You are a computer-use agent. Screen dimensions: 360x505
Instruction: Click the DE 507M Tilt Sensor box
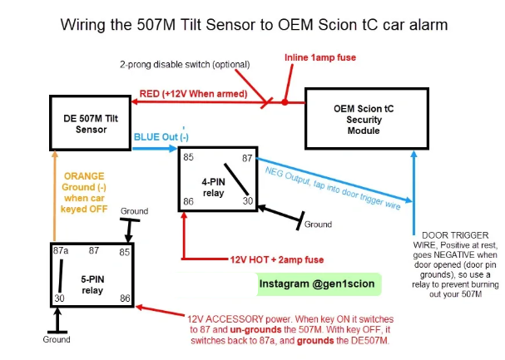pos(91,125)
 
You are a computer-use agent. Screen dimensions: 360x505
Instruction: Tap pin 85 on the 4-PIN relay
pos(190,156)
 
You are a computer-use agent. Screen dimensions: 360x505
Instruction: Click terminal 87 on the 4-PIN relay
pos(246,156)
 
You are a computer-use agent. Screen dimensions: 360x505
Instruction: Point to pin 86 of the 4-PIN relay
pos(190,202)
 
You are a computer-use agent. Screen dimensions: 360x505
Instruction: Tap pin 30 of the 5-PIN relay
pos(57,297)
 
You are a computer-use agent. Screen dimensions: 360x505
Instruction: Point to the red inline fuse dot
pos(285,103)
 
